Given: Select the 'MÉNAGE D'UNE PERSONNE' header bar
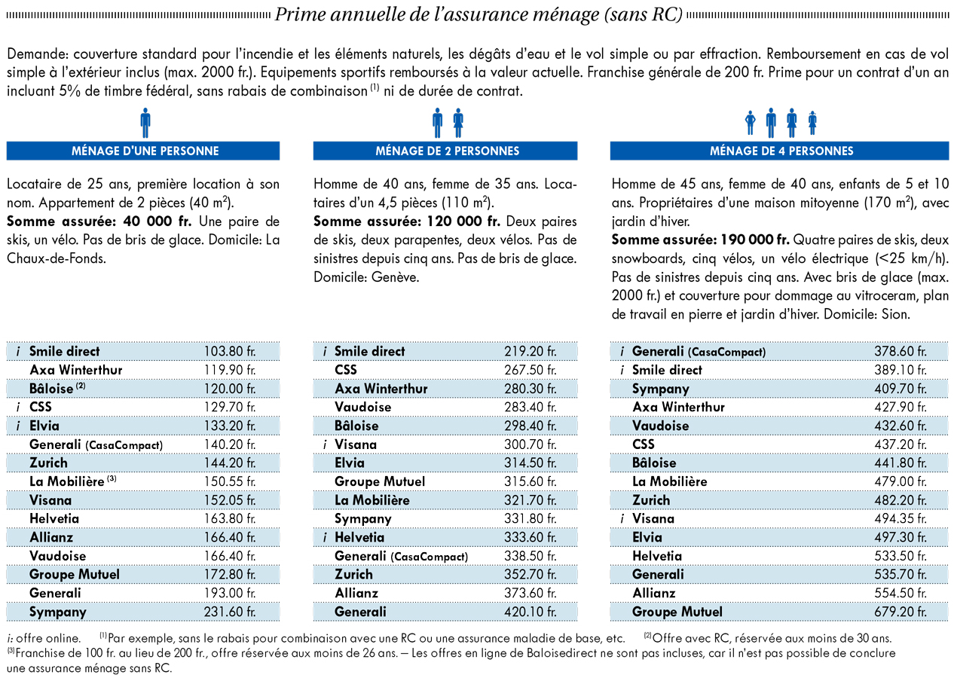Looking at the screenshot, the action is click(143, 151).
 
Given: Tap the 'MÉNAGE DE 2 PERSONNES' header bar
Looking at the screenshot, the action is click(445, 151).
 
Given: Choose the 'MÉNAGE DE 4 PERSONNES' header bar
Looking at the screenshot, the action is click(779, 151).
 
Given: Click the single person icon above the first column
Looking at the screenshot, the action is click(145, 123).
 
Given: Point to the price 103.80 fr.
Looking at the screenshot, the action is click(230, 351).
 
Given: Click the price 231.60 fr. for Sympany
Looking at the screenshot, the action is click(230, 612).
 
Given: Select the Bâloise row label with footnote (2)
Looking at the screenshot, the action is click(57, 389).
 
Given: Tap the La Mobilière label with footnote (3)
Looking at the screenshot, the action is click(73, 481).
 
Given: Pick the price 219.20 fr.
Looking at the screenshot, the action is click(531, 351).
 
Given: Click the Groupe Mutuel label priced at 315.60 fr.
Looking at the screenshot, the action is click(380, 481).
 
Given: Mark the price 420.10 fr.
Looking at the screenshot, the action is click(531, 612).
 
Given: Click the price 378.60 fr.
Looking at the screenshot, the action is click(900, 351).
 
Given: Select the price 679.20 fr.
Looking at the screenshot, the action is click(900, 612).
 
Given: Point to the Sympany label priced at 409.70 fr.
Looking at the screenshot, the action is click(661, 389).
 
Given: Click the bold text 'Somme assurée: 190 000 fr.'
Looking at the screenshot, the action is click(701, 240).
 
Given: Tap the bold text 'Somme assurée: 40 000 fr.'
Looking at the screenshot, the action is click(99, 221).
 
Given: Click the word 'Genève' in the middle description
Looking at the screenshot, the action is click(395, 277).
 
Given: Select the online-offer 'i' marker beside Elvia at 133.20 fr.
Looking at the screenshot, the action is click(18, 426).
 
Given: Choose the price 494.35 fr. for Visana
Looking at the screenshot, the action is click(900, 518).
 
